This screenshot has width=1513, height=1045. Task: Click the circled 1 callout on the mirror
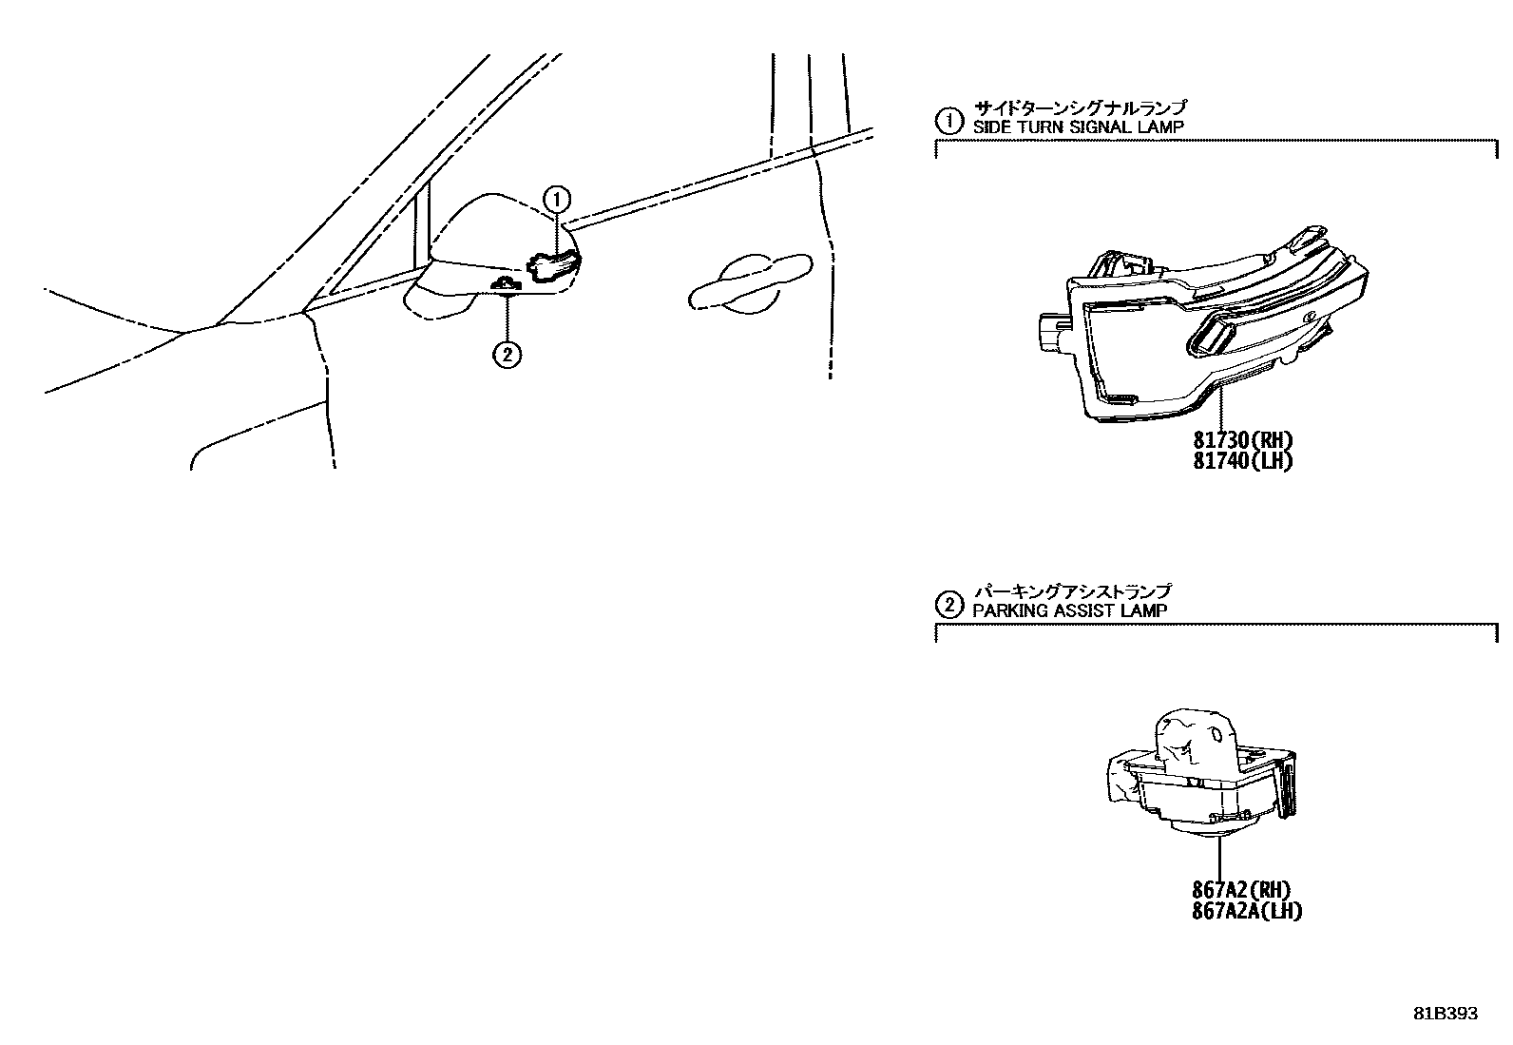(556, 199)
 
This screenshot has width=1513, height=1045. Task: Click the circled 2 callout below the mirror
(507, 355)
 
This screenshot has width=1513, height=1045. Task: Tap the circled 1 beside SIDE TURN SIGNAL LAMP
(948, 121)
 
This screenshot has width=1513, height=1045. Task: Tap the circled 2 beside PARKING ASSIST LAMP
(948, 604)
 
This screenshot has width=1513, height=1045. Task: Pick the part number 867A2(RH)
(1241, 890)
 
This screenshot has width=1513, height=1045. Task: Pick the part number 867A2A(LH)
(1246, 911)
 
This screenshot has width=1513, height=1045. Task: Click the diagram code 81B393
(1445, 1014)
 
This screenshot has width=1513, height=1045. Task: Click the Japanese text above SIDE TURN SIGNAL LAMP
(1080, 107)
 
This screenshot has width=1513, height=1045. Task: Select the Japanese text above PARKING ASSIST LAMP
(1071, 590)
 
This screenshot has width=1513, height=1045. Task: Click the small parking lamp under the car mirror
(507, 284)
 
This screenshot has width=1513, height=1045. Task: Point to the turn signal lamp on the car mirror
(553, 266)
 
